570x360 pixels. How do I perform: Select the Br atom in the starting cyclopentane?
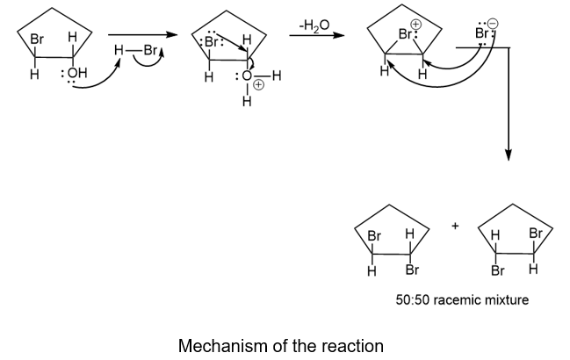[x=37, y=40]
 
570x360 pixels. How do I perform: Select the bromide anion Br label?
[x=481, y=35]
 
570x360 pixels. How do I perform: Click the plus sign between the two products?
[x=456, y=226]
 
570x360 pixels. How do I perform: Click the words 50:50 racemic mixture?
[x=462, y=300]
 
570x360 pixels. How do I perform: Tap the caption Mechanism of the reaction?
[x=281, y=345]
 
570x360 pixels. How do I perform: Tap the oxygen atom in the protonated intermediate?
[x=248, y=77]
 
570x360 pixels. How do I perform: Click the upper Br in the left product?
[x=374, y=236]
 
